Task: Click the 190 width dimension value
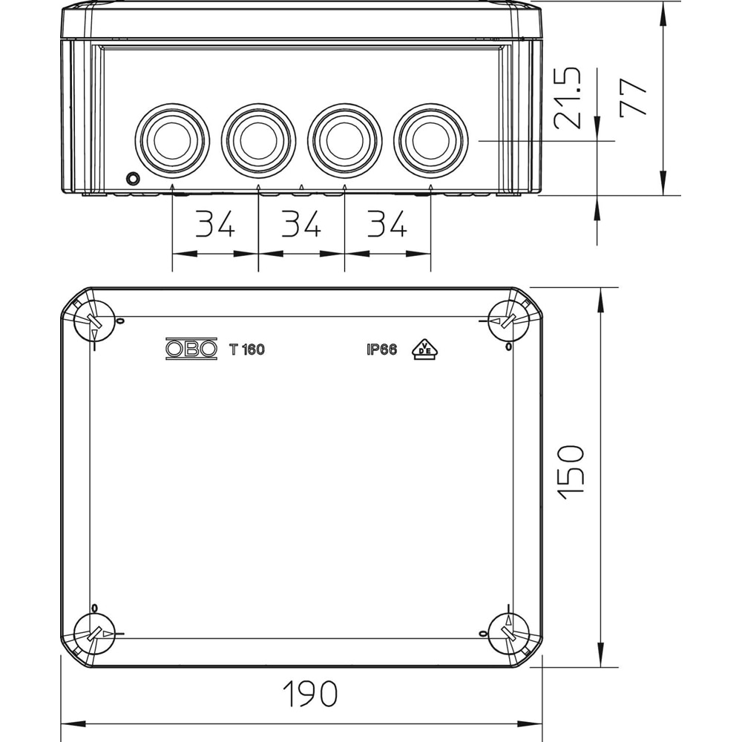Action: (310, 694)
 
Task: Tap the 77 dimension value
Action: (634, 96)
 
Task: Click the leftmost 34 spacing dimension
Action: (215, 224)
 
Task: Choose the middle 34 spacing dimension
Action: (301, 224)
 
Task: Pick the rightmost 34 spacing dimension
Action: (387, 224)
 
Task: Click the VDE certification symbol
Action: (423, 349)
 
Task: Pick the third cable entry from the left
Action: (344, 139)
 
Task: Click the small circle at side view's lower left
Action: (133, 178)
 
